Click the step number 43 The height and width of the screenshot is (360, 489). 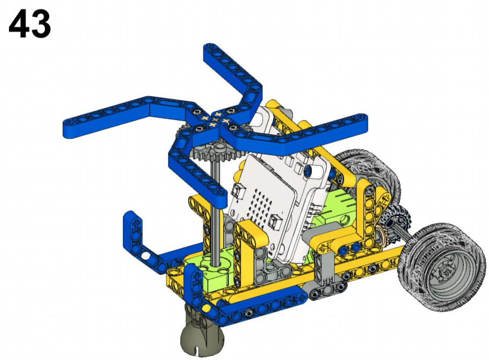pos(30,24)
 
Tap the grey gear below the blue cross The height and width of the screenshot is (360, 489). pos(213,151)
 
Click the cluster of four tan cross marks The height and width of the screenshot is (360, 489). pos(216,120)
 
